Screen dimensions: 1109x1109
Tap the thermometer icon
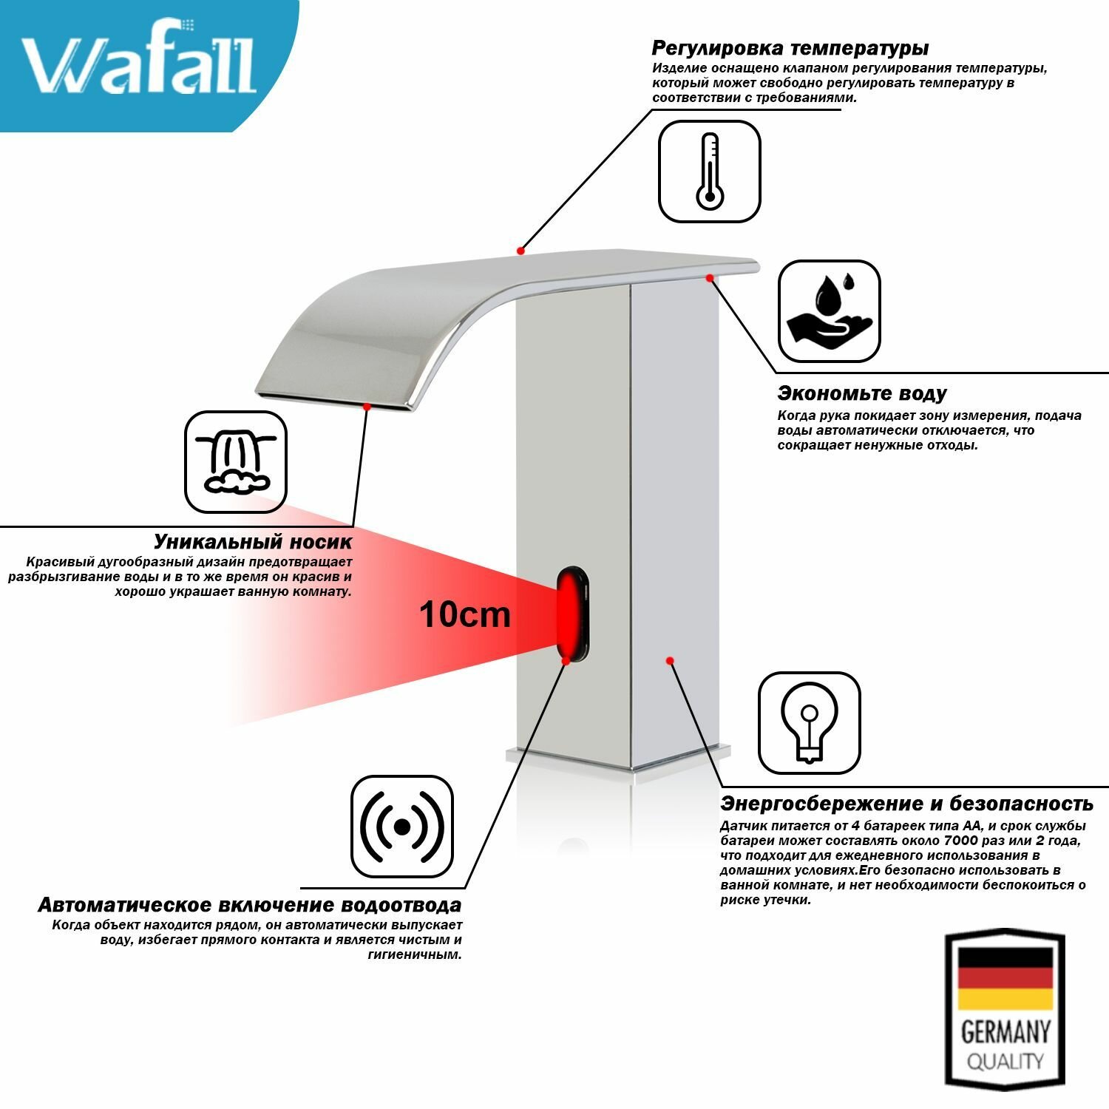709,172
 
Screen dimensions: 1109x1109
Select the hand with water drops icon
829,311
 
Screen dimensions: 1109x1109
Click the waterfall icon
235,462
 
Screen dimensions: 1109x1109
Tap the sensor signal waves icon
401,826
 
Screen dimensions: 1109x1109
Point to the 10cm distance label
464,614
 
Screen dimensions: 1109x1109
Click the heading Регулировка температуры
790,49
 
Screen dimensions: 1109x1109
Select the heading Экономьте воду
861,393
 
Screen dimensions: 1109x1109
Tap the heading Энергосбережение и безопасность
906,804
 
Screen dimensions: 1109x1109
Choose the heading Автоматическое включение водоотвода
249,905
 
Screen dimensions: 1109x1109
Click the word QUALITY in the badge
1005,1062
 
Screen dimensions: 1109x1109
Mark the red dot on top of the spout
520,251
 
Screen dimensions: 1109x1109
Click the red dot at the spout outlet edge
366,406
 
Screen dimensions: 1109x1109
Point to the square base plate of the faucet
621,765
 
